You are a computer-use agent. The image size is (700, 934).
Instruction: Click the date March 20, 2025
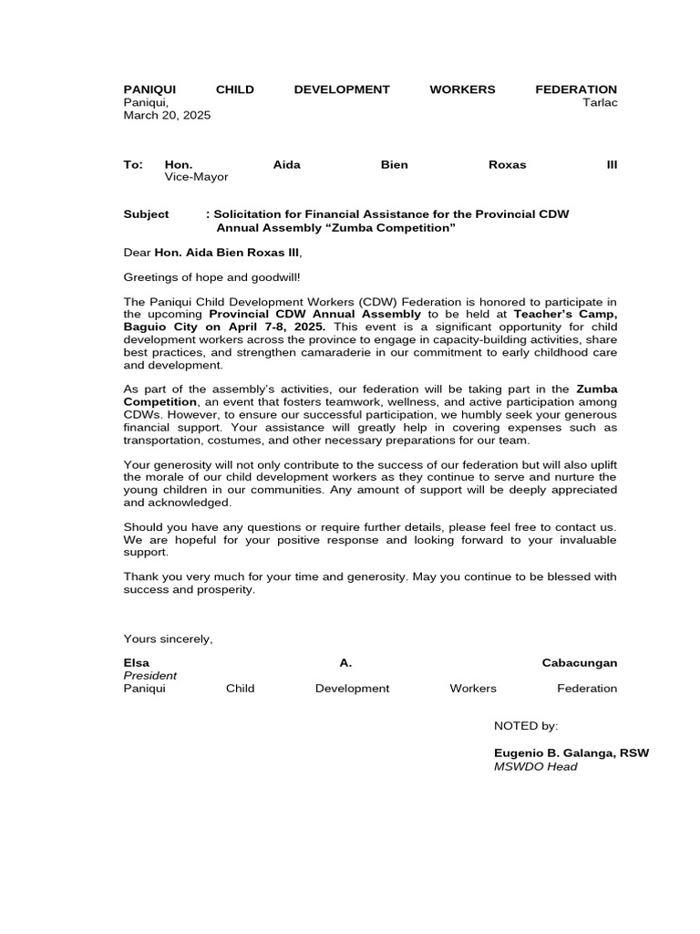click(x=167, y=115)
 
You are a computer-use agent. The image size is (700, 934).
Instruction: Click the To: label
click(x=133, y=164)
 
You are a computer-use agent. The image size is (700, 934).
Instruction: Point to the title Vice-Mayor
click(x=196, y=177)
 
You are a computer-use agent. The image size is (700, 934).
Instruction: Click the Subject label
click(x=146, y=213)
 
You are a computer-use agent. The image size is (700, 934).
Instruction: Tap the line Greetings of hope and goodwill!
click(x=211, y=275)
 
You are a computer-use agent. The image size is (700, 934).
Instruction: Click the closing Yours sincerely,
click(x=168, y=638)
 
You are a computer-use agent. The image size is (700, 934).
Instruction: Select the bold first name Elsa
click(x=137, y=662)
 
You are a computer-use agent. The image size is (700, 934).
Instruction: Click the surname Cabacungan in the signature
click(x=579, y=662)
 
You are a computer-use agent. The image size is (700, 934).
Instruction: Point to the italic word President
click(x=150, y=675)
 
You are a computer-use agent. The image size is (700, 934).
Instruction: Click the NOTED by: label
click(x=525, y=726)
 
